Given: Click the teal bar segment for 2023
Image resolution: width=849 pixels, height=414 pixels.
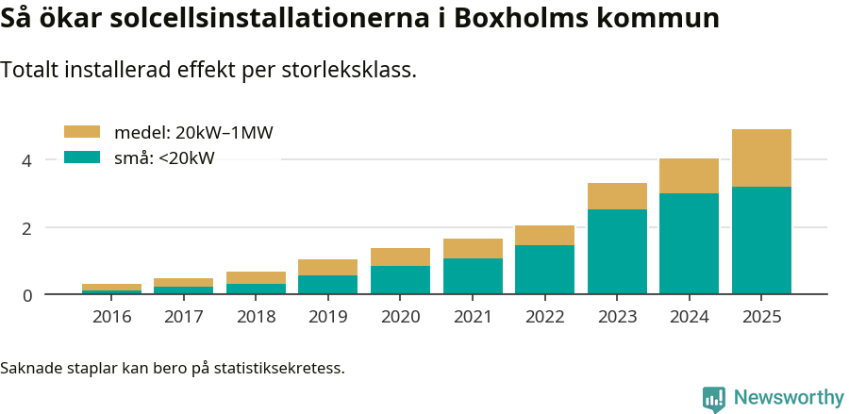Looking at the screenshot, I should pos(617,252).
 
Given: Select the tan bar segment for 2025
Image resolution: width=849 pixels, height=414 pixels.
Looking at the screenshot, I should pos(761,157).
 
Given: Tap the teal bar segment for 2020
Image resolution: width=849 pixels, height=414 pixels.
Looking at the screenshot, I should pos(400,280).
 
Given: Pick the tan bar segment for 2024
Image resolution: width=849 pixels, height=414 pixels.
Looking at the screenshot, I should pos(689,175).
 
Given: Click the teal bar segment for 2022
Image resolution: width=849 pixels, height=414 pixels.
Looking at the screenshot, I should pos(544,270).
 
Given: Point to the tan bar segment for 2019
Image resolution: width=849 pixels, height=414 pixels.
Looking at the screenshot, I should pos(328,267).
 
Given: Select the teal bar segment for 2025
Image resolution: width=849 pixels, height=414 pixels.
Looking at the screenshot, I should pos(761,240).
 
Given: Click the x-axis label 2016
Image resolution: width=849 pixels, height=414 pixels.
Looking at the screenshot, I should pos(111,317).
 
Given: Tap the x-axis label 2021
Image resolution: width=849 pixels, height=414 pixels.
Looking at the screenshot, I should pos(473,317).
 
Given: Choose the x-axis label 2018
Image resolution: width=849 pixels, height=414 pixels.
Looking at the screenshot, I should pos(256,317).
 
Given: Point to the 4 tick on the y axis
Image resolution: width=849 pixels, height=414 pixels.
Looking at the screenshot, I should pos(27,161).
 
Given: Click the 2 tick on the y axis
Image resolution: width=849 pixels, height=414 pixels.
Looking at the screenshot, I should pos(27,228).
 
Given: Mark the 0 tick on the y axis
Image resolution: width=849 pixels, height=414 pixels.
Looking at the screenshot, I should pos(27,295).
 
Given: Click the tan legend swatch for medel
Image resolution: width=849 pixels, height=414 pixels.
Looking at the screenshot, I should pos(81,132).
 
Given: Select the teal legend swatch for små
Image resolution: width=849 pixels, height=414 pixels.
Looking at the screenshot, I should pos(81,157).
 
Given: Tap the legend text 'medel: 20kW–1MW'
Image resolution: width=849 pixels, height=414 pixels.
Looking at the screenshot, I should pos(193,133).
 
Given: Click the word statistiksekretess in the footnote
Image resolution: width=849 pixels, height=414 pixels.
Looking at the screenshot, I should pos(279,367).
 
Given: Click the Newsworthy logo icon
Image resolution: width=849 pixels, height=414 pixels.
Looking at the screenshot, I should pos(714,398).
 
